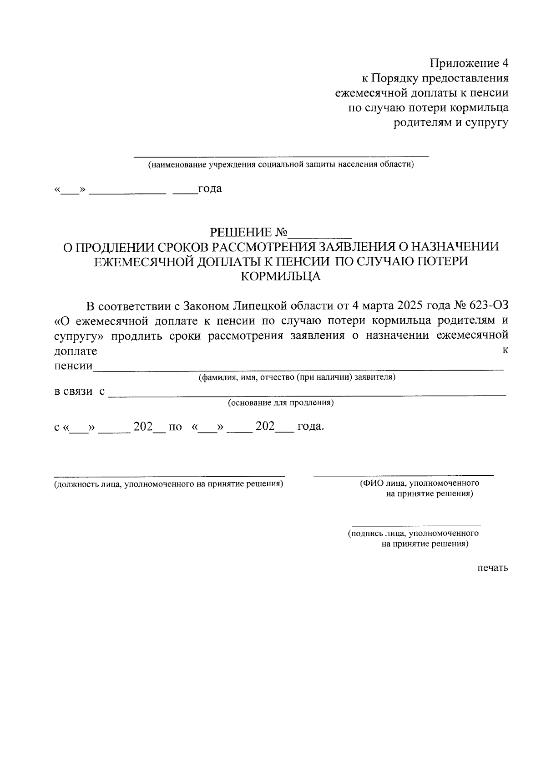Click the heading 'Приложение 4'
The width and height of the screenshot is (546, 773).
point(469,63)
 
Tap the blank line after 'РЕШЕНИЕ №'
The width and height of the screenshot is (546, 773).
point(321,237)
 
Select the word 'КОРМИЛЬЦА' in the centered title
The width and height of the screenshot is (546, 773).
point(281,276)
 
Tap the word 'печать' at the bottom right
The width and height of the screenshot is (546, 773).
point(493,568)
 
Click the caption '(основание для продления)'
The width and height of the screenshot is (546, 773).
point(281,403)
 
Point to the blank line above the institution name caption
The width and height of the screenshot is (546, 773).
point(281,156)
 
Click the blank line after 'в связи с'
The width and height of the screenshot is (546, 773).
point(307,395)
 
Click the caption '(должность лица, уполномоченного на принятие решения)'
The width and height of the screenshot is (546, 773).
point(169,484)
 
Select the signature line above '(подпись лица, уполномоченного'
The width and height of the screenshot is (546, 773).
point(416,525)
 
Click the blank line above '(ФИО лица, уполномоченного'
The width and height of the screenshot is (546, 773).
point(404,475)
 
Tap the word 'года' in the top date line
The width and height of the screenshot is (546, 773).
point(210,188)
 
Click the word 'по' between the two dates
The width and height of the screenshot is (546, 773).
point(175,427)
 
